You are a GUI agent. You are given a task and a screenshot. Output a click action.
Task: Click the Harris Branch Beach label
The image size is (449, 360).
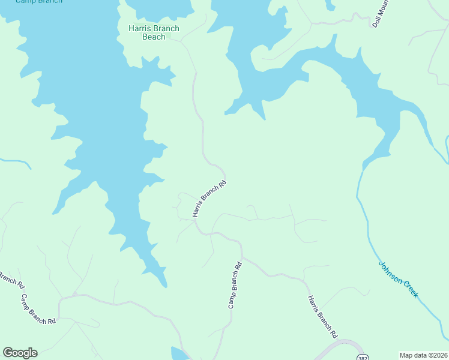tap(154, 32)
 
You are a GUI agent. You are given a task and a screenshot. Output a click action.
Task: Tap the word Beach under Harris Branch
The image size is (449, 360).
tap(154, 37)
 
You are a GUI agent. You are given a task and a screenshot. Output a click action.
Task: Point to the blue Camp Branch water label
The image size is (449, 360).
tap(38, 2)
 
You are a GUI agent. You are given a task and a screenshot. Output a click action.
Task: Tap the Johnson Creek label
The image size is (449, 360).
tap(398, 280)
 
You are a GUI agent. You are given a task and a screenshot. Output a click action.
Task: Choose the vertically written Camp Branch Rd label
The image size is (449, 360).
tap(235, 285)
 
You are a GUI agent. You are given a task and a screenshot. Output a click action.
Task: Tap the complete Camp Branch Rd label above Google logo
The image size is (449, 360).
tap(38, 309)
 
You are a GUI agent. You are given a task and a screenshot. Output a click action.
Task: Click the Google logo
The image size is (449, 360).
tap(20, 353)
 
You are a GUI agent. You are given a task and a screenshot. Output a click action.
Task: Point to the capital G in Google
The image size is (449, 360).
tap(8, 353)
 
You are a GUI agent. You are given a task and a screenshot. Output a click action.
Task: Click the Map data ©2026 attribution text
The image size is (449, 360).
tap(423, 355)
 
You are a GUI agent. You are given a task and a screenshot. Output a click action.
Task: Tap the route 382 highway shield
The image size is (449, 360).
tap(362, 358)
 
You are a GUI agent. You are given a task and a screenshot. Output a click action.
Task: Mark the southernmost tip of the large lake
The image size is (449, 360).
tap(164, 286)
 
